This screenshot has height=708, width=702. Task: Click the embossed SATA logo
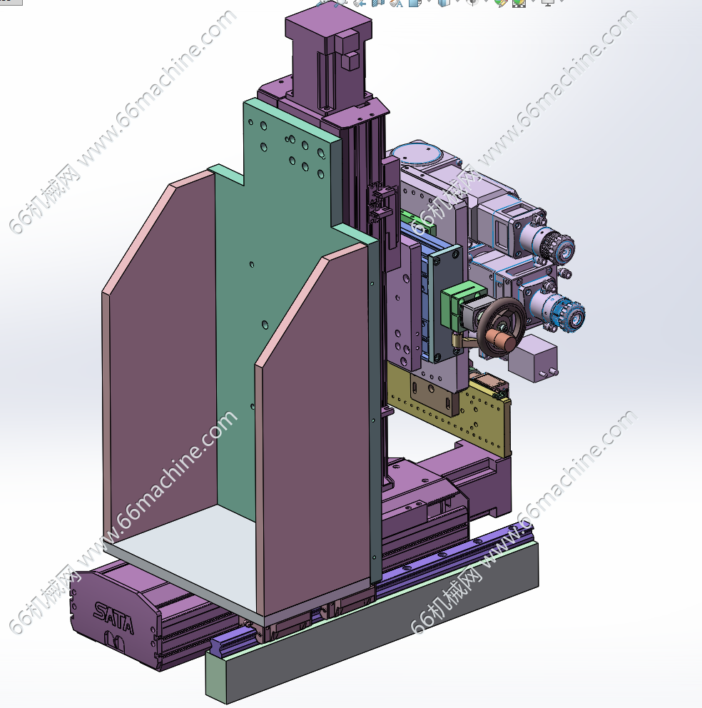tap(113, 617)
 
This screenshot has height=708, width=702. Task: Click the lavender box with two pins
tap(533, 358)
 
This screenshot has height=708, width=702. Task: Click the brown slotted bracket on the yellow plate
tap(433, 393)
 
